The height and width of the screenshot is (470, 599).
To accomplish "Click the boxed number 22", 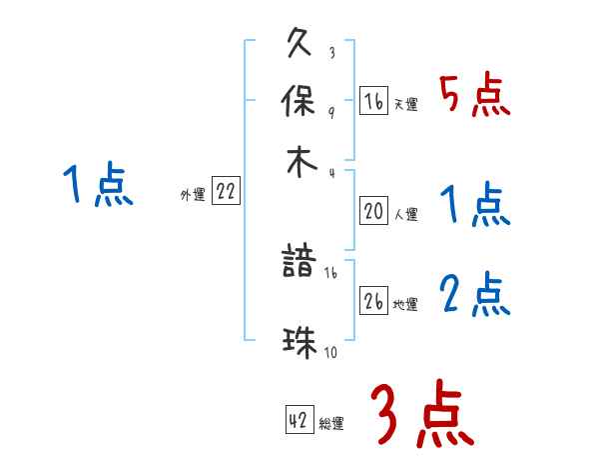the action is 226,193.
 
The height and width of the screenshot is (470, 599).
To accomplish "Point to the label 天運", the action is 405,104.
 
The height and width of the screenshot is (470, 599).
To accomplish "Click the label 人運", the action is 406,212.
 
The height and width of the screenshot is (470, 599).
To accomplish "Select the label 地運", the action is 405,303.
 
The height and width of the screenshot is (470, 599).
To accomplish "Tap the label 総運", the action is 331,423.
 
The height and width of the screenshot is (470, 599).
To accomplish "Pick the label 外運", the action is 192,195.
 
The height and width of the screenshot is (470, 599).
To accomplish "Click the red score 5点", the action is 475,97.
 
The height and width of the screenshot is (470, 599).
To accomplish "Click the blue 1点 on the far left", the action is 98,186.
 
